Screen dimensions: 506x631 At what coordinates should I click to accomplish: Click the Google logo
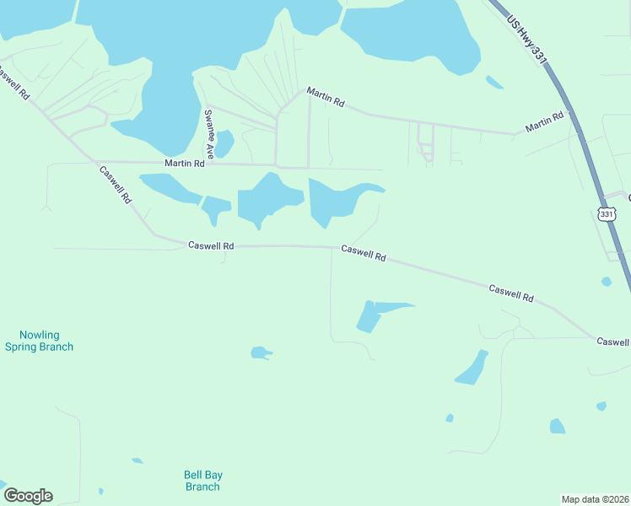point(28,496)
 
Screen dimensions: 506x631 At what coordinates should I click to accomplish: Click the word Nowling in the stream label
point(40,335)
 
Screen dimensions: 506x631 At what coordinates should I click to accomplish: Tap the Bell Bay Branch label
point(202,480)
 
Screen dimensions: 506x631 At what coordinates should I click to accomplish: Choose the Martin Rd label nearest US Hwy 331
point(543,123)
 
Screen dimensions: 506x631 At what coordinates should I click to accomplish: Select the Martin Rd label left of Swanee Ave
point(185,164)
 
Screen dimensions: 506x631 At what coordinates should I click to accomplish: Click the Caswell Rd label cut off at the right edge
point(613,342)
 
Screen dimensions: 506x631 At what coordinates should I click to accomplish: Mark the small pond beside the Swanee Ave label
point(224,143)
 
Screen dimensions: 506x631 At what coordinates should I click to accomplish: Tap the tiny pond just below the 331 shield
point(606,282)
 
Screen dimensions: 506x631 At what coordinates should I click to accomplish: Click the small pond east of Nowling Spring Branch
point(261,353)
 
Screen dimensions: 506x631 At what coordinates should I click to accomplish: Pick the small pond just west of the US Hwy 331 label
point(494,82)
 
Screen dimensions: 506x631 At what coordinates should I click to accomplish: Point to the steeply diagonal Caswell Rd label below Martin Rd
point(116,184)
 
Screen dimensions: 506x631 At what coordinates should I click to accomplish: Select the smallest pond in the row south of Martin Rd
point(216,207)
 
